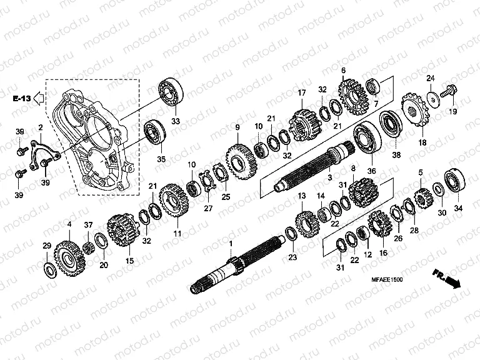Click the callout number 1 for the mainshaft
(230, 242)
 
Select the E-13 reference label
(20, 99)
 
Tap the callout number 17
(301, 93)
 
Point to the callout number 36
(371, 171)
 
